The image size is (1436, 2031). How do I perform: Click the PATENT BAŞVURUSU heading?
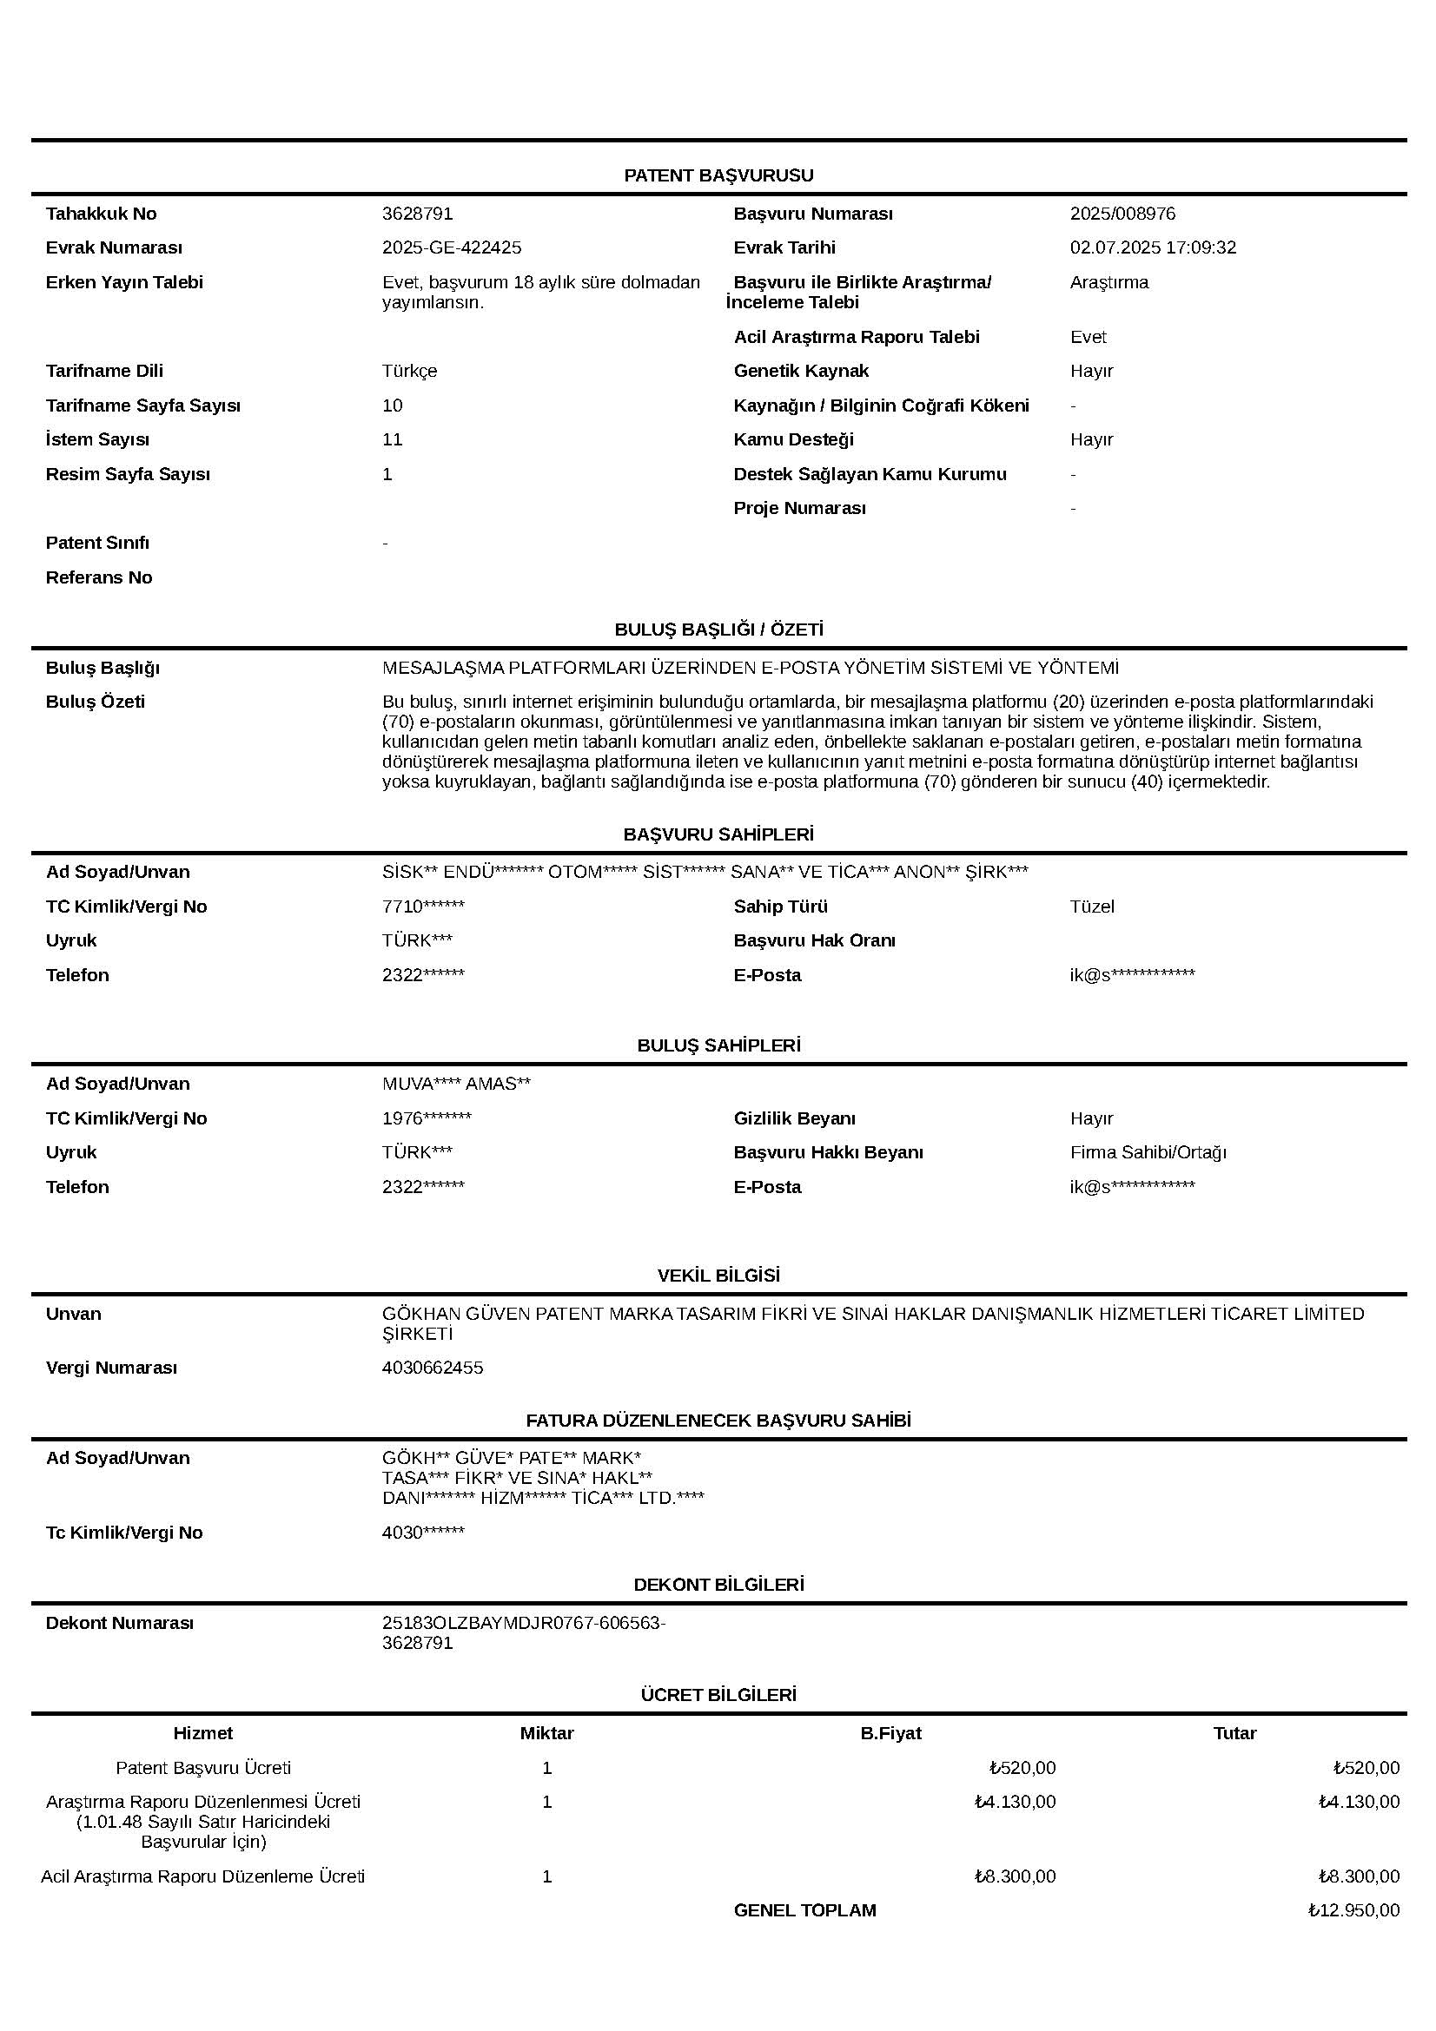(x=718, y=175)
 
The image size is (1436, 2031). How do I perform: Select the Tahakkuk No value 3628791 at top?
(x=417, y=214)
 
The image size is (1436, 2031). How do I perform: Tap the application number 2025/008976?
(x=1122, y=214)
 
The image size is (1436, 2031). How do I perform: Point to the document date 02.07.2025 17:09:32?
(x=1152, y=247)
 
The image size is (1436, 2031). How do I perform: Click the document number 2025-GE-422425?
(x=451, y=247)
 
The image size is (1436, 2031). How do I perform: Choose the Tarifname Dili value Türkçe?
(x=409, y=371)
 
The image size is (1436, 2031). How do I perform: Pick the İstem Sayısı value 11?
(x=392, y=439)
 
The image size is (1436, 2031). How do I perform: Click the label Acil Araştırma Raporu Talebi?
(x=856, y=337)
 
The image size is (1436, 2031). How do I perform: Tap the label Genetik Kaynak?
(x=801, y=371)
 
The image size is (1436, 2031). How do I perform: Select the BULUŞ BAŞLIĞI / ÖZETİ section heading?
(x=718, y=630)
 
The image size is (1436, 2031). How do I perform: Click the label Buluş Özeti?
(x=95, y=702)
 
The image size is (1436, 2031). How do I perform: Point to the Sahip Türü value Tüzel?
(x=1092, y=907)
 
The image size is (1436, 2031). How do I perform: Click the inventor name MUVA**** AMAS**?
(x=456, y=1084)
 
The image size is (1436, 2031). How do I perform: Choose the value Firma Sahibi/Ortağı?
(x=1148, y=1152)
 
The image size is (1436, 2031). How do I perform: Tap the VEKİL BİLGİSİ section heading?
(x=718, y=1276)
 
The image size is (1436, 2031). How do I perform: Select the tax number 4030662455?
(x=433, y=1368)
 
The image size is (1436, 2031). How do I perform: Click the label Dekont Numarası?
(x=118, y=1623)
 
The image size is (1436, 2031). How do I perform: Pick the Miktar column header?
(x=546, y=1733)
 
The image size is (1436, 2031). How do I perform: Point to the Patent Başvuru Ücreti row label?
(x=202, y=1767)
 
